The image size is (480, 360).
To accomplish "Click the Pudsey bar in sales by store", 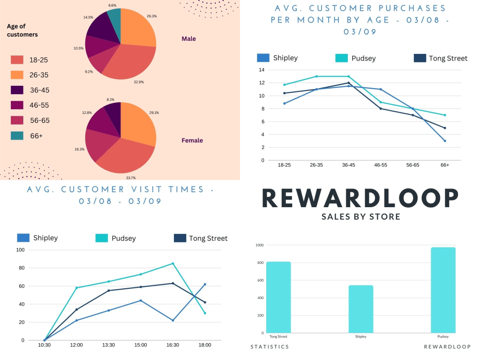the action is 443,290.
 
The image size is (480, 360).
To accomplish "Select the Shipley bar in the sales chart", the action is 361,309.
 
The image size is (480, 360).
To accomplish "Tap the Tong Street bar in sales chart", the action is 278,297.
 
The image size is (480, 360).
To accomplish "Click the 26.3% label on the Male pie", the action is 151,16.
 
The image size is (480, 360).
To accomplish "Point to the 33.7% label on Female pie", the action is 131,178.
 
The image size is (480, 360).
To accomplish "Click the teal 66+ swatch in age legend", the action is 17,135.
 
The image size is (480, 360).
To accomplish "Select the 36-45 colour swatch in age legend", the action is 17,90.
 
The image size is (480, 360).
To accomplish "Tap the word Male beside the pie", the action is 188,38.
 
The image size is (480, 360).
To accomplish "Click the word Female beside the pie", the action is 192,140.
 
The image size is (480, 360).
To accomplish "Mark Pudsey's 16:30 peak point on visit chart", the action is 173,263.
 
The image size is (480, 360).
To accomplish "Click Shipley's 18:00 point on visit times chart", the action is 205,285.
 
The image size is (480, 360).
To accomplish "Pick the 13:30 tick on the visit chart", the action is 108,345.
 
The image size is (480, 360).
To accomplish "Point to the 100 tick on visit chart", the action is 20,250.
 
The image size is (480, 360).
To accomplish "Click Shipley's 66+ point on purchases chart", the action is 445,141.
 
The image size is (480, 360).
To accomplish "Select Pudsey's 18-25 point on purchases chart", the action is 285,85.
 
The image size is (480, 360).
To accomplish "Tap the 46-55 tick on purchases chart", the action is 381,165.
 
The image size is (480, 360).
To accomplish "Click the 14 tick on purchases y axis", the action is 262,70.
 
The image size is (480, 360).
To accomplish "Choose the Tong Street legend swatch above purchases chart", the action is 420,58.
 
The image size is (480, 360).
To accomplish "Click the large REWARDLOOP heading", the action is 360,198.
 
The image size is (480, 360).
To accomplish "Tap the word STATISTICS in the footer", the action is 270,347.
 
